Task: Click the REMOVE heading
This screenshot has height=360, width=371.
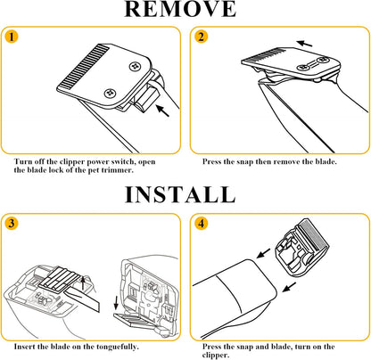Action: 180,9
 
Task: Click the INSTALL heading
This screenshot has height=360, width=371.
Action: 180,194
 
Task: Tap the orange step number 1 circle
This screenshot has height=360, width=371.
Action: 12,37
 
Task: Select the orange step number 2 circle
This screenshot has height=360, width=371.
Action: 202,37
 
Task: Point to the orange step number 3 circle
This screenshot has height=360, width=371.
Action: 12,223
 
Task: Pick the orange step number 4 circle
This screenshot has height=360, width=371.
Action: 202,223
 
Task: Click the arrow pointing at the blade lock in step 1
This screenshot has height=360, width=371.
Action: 162,110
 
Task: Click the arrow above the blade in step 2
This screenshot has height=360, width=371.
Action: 305,44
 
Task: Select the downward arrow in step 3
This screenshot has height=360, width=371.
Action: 116,302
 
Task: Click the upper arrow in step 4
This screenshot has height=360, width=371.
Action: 263,253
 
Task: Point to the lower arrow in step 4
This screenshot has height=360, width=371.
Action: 289,287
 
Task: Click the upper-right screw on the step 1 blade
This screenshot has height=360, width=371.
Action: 135,66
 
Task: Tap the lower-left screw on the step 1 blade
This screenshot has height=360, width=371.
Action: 110,94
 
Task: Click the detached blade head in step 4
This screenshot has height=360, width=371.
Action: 302,248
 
